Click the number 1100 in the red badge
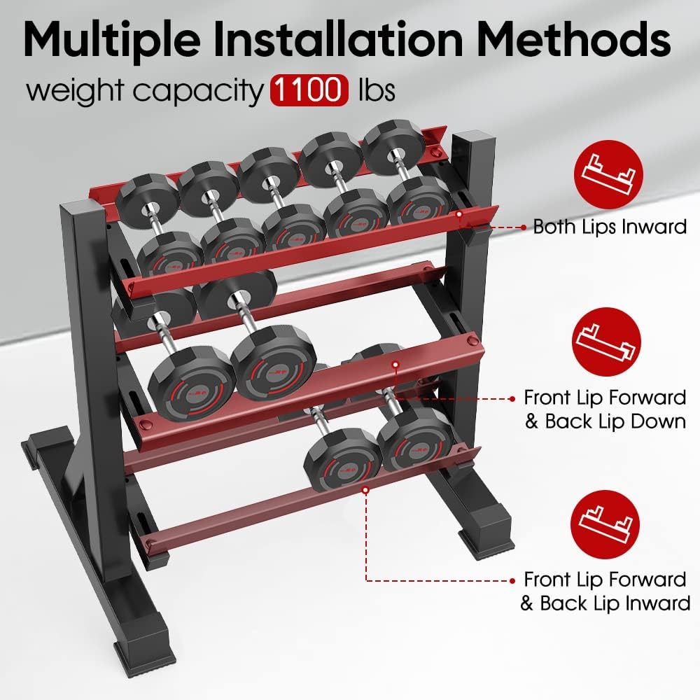pos(309,90)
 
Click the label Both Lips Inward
pos(609,227)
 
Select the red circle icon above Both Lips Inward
pos(607,174)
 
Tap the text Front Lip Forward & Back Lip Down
pos(605,409)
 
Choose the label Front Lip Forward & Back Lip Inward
pos(605,591)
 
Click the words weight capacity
pos(143,91)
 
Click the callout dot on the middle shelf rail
pos(395,365)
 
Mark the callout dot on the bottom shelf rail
pos(366,491)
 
